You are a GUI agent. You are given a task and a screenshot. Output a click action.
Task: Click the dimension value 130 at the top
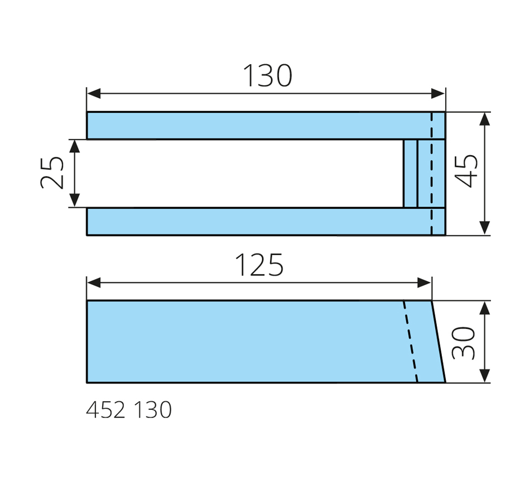coord(267,75)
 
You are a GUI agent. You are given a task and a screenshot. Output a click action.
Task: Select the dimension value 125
coord(259,265)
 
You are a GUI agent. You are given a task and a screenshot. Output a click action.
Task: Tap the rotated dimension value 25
coord(52,173)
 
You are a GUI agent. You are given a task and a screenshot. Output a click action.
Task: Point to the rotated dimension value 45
coord(466,171)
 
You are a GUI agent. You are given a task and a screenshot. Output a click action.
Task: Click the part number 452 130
coord(129,410)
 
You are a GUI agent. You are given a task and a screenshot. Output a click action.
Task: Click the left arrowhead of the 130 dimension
coord(94,94)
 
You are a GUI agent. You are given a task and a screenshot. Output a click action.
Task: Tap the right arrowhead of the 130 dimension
coord(438,94)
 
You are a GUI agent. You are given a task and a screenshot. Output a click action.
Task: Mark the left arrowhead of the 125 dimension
coord(94,282)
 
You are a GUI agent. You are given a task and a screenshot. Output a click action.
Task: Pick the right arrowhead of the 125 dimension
coord(424,282)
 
